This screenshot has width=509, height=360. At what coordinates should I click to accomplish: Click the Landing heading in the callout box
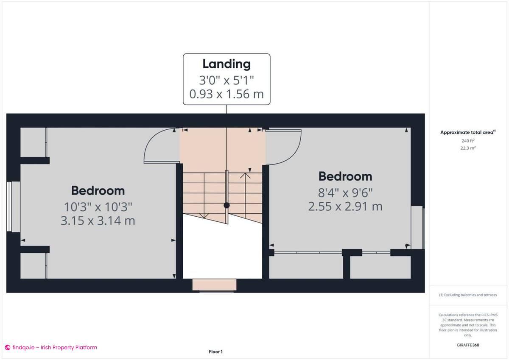(x=227, y=64)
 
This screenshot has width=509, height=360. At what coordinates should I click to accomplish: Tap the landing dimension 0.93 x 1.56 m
(x=227, y=94)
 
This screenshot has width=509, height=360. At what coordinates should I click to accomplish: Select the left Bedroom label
(x=98, y=190)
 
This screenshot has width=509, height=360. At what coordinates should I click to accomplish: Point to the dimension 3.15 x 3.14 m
(x=98, y=220)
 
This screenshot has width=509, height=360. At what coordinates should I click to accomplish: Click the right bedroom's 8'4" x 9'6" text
(x=345, y=193)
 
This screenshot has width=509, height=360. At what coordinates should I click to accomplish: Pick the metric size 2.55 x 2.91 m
(x=345, y=207)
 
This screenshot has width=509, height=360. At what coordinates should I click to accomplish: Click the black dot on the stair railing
(x=227, y=205)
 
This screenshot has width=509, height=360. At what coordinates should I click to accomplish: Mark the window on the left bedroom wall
(x=14, y=207)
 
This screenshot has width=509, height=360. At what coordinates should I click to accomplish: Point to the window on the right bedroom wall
(x=418, y=227)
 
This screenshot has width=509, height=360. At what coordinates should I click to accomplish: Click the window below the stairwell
(x=214, y=285)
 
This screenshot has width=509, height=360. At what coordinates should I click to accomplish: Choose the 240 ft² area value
(x=468, y=140)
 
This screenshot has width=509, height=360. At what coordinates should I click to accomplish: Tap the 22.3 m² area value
(x=468, y=148)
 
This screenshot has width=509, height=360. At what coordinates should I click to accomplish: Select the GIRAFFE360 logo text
(x=468, y=345)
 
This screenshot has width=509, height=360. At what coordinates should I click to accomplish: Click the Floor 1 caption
(x=215, y=352)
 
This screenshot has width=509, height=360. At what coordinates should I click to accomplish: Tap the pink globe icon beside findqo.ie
(x=8, y=347)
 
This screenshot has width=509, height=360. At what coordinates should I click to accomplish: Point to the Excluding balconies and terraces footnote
(x=468, y=295)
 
